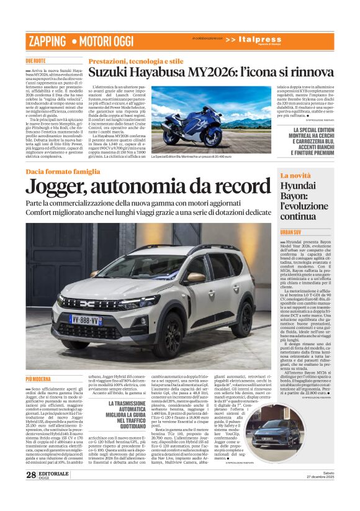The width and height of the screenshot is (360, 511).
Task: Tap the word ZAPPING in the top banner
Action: pos(46,41)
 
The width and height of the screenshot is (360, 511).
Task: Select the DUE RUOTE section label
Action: pos(35,61)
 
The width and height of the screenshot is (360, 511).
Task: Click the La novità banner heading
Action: pos(295,176)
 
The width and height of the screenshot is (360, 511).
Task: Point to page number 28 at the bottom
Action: pos(30,492)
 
